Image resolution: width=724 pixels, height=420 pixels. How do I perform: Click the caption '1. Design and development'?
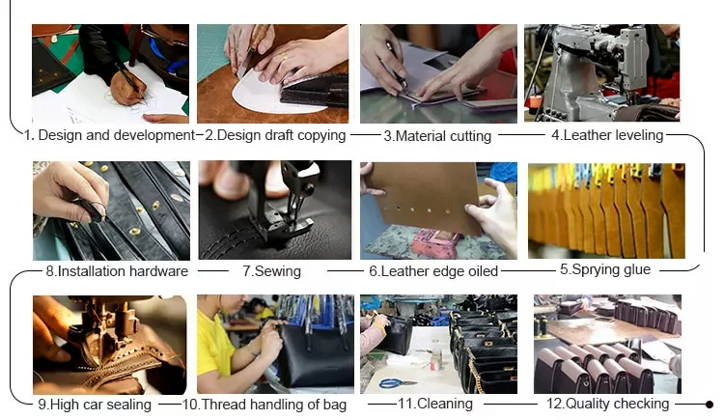109,135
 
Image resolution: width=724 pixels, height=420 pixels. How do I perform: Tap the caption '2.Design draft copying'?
275,135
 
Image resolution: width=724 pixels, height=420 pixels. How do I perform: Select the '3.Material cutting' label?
437,136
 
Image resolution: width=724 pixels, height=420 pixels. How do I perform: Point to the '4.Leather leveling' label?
607,135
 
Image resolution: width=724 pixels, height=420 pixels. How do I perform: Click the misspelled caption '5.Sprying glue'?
605,269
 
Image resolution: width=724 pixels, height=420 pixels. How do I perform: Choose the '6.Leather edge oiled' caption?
433,270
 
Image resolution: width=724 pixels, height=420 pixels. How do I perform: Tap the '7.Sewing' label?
271,270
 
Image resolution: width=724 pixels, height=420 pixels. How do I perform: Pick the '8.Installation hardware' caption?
117,270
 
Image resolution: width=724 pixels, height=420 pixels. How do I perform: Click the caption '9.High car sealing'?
95,405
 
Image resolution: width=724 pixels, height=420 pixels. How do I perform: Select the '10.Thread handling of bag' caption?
265,405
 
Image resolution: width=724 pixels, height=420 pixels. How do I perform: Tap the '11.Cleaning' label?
435,404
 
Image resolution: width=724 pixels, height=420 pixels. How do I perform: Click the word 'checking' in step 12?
640,404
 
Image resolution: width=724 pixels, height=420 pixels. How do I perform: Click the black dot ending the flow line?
710,405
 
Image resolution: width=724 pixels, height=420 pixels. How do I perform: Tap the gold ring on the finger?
285,56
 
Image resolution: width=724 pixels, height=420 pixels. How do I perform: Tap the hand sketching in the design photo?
127,87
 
